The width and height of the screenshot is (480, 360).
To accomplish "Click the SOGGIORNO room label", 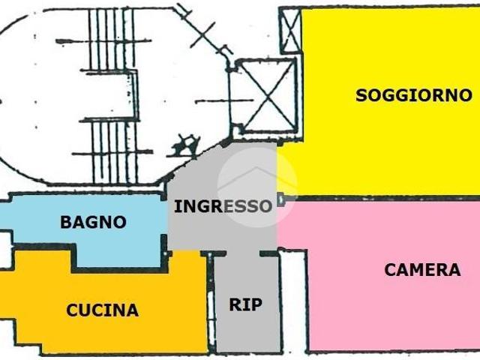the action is point(414,95).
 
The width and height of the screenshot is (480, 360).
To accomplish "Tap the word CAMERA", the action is point(422,270).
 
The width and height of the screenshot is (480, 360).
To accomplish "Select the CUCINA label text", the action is point(103,310).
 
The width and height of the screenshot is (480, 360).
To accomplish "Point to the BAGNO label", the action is point(93,222).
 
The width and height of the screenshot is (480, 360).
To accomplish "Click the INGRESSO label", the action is point(223,206).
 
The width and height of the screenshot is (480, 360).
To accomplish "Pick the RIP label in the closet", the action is point(246,304).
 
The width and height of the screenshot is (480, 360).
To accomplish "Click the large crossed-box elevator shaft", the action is point(267,97).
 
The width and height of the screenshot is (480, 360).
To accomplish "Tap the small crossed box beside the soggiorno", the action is point(290,31).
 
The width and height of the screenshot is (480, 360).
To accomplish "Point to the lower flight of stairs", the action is point(113,151).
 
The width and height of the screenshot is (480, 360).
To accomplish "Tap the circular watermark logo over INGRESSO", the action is point(256,187).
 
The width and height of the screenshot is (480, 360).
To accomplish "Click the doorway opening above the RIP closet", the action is point(243,253).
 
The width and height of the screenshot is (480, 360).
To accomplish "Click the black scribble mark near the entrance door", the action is point(185,145).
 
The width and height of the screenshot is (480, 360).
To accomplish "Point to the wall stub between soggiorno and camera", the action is point(281,199).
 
